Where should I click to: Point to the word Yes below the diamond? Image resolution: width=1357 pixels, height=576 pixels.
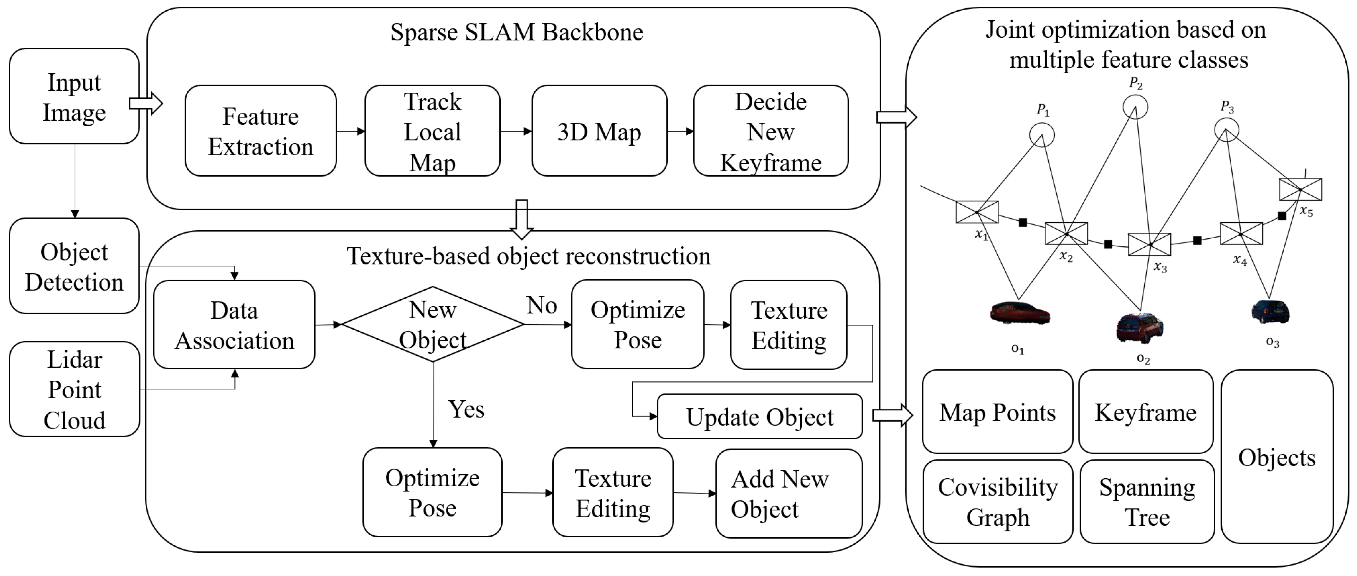[466, 409]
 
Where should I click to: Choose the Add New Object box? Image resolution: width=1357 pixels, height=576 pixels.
[788, 493]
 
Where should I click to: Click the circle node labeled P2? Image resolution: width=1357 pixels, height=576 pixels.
[1135, 107]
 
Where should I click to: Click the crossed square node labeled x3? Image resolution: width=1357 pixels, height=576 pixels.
[1149, 244]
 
